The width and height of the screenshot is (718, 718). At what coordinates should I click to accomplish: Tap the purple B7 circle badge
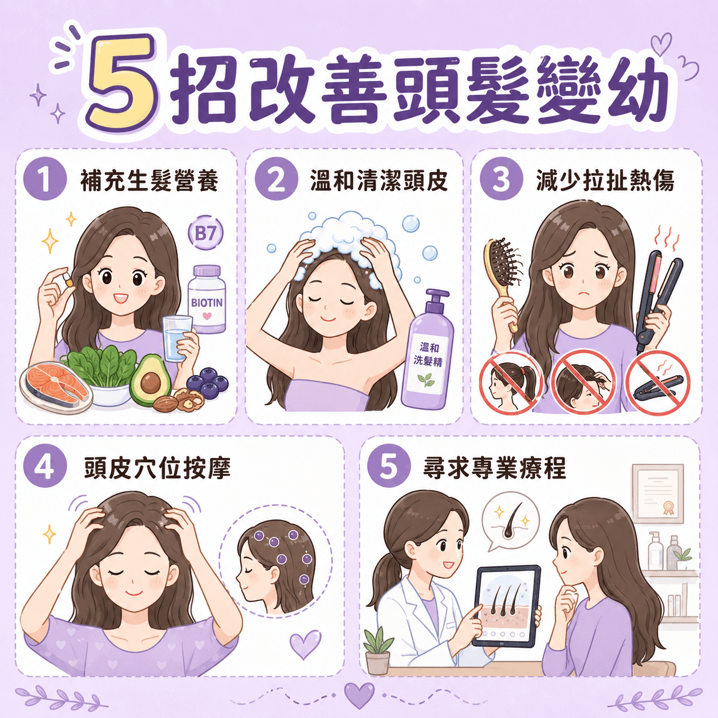click(206, 234)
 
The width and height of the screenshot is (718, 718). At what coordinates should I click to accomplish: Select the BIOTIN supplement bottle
click(207, 299)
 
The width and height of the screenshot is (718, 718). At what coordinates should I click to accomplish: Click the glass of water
click(177, 338)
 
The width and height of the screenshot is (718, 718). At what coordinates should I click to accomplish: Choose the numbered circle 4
click(45, 468)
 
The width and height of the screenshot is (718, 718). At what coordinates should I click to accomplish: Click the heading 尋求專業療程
click(494, 468)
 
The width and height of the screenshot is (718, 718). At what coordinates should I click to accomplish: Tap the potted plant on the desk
click(378, 646)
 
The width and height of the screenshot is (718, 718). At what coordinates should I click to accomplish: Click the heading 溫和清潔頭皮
click(379, 181)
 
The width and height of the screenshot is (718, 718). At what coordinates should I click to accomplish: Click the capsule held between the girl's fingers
click(68, 281)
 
